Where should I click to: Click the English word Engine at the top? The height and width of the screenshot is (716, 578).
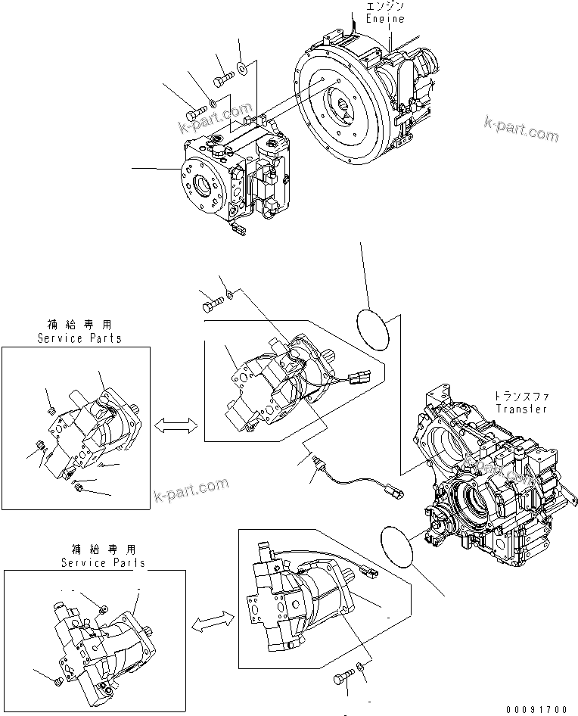point(385,19)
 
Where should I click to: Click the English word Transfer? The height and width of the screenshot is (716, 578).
point(521,409)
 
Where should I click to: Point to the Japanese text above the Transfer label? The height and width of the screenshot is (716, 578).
point(521,397)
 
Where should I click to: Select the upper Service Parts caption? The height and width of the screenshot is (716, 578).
point(79,339)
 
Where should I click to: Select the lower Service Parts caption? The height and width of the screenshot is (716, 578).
point(103,564)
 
